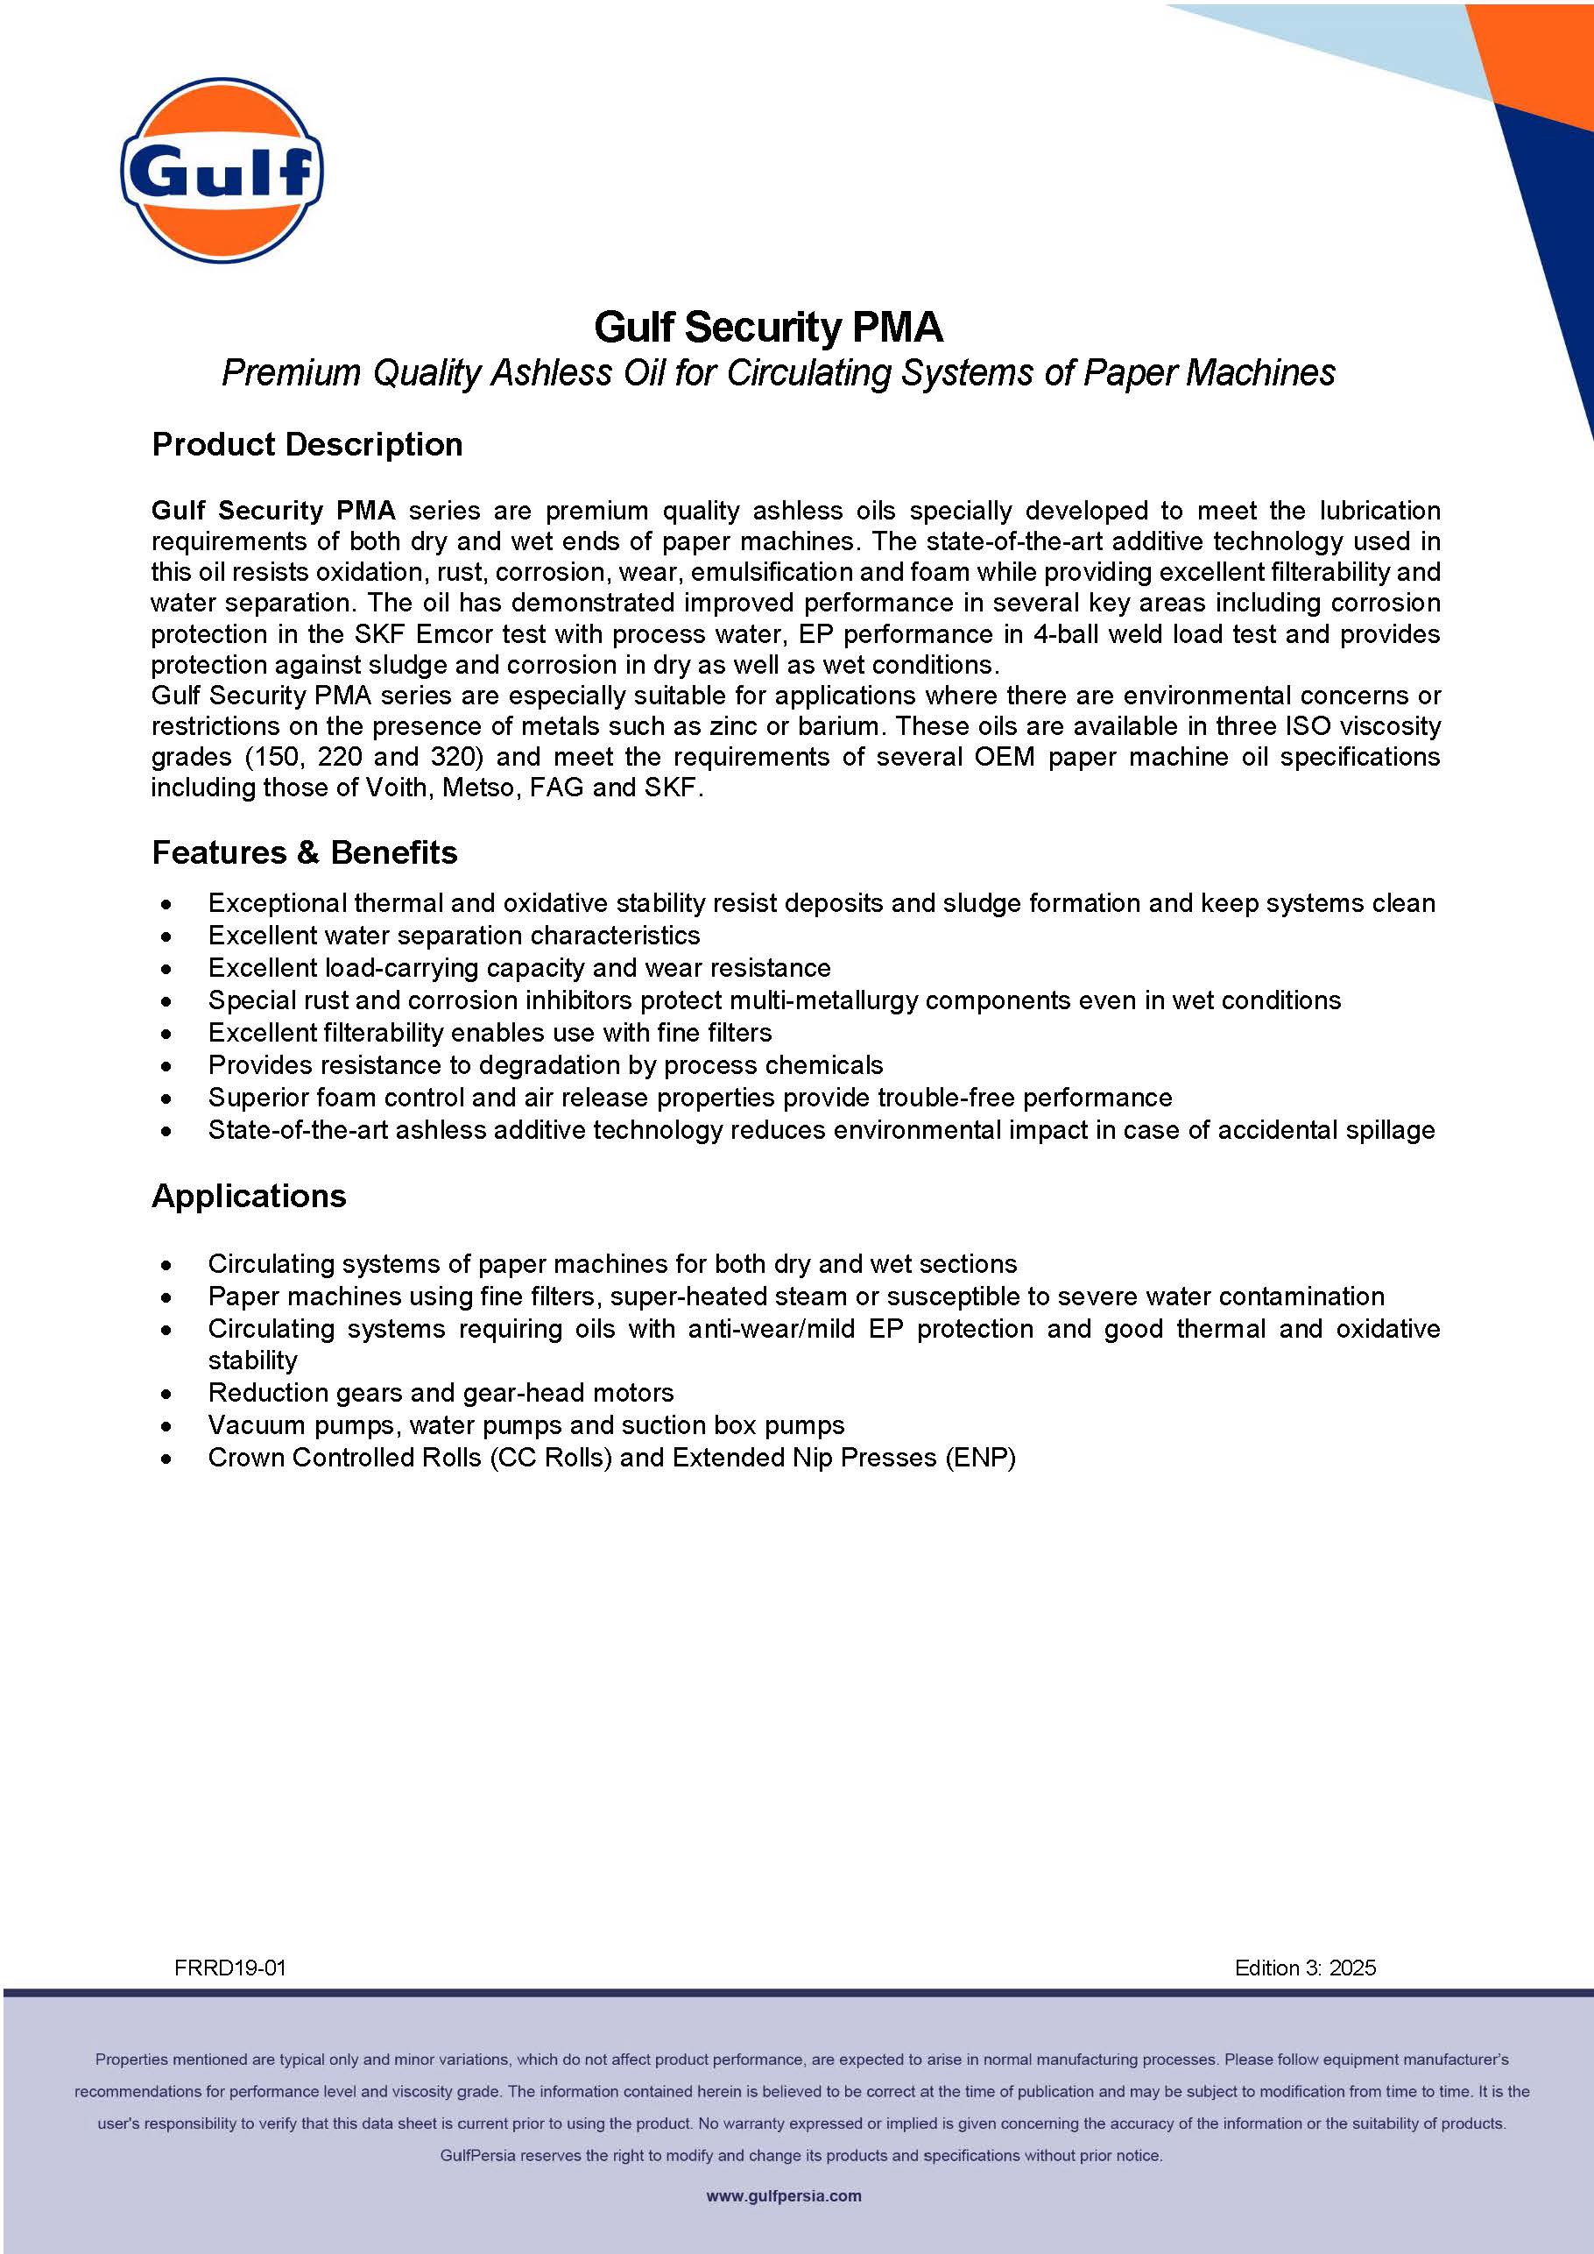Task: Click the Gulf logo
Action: click(222, 170)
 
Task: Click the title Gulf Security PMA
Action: click(769, 328)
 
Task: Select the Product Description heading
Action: click(307, 445)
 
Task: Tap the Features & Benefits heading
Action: click(304, 852)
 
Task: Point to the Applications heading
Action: click(250, 1196)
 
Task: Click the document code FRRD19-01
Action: click(229, 1968)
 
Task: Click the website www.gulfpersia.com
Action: click(783, 2196)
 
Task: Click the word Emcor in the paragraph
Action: click(454, 633)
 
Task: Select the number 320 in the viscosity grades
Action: click(454, 757)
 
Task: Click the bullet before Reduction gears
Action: click(168, 1394)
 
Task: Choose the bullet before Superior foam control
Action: click(168, 1099)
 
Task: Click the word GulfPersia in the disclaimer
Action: click(477, 2156)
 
